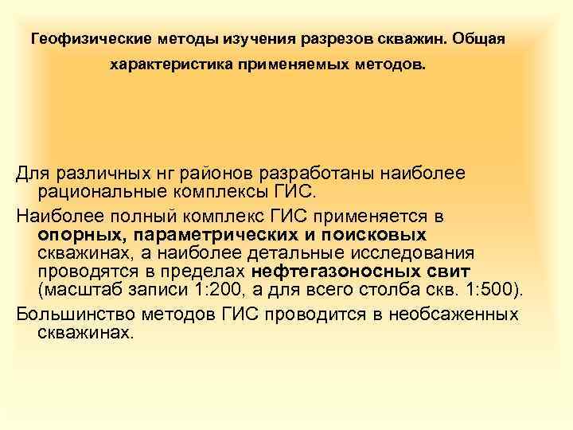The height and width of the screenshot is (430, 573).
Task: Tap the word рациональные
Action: pos(99,191)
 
